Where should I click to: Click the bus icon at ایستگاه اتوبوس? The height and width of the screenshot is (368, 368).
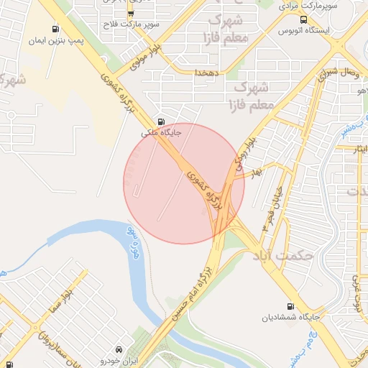point(303,20)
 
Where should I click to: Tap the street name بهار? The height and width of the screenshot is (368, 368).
point(257,173)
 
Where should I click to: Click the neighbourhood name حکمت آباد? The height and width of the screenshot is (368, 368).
point(280,254)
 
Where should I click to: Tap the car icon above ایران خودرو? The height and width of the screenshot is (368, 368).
point(119,346)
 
